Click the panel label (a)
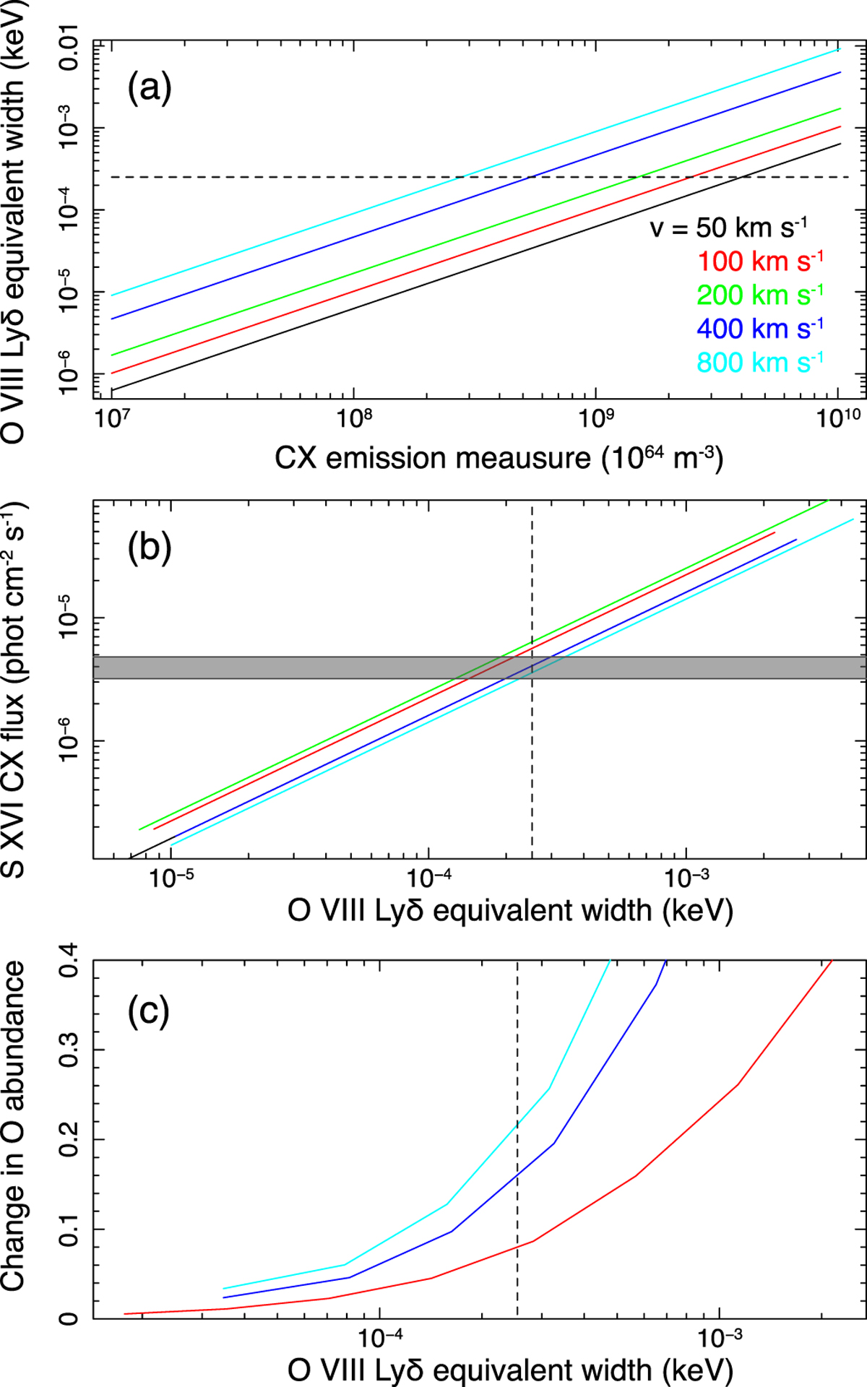point(150,88)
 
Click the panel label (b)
point(150,547)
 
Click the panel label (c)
point(149,1011)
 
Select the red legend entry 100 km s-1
point(760,262)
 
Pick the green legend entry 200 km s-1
point(760,295)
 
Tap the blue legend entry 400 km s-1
point(760,329)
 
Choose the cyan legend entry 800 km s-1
point(760,362)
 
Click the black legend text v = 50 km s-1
point(728,228)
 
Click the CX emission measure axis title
point(499,458)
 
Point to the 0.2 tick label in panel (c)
point(69,1140)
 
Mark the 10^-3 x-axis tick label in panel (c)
point(719,1339)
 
